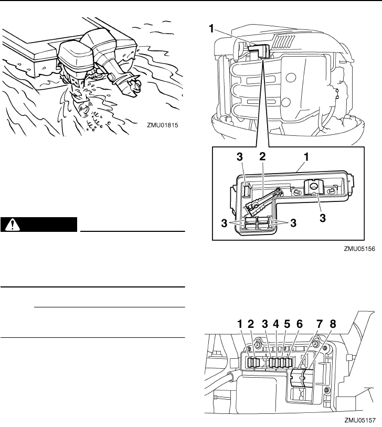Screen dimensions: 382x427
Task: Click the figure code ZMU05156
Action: point(358,250)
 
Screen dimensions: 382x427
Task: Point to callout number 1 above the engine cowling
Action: point(213,30)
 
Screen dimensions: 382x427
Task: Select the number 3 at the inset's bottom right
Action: point(293,221)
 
